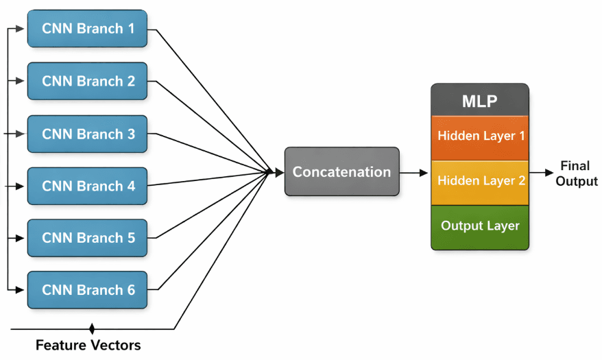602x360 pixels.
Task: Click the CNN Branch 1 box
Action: coord(87,29)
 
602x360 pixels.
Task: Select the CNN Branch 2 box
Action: coord(87,81)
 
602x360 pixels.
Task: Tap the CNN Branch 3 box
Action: coord(87,134)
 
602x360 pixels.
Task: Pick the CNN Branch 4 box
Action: coord(87,186)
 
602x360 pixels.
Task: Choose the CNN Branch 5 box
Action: coord(87,238)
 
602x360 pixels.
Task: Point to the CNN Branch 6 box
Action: coord(87,290)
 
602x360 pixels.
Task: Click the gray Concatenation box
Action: coord(341,172)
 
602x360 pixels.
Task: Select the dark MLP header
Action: coord(479,101)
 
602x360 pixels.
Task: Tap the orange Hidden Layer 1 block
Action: coord(479,136)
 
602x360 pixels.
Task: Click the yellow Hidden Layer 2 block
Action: coord(479,181)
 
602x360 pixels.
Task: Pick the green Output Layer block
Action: coord(479,226)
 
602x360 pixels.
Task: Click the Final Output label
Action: coord(575,173)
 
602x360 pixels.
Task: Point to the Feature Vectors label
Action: coord(88,345)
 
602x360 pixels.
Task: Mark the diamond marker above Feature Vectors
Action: coord(92,329)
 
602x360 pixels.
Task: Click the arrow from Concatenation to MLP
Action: coord(414,173)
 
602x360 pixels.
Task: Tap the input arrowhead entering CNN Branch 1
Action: coord(23,29)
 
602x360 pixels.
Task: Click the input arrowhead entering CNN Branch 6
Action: coord(23,290)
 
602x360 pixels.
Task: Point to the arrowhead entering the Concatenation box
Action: coord(279,173)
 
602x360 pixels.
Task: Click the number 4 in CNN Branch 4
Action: coord(130,187)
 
